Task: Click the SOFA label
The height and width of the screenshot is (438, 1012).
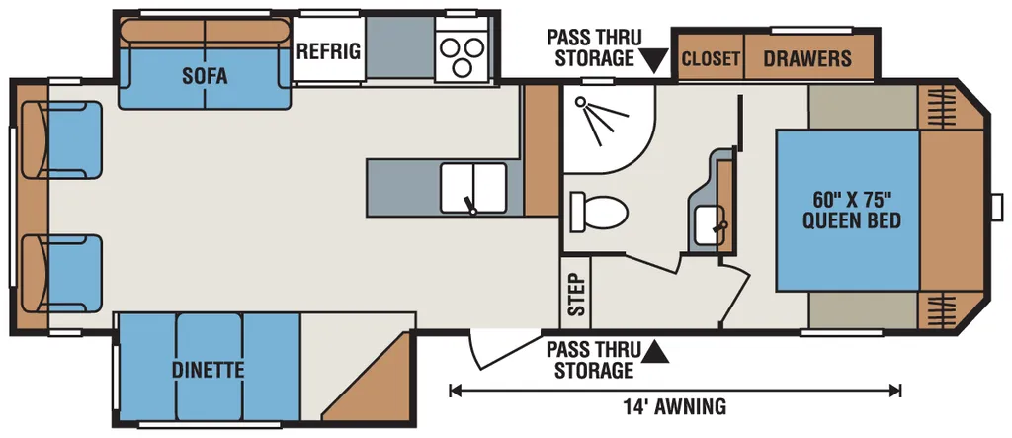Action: tap(205, 76)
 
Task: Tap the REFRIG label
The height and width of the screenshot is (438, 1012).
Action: tap(328, 51)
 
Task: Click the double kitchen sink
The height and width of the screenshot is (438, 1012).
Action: tap(473, 188)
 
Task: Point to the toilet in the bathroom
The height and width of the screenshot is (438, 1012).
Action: tap(598, 212)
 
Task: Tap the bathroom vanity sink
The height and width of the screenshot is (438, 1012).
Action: tap(710, 226)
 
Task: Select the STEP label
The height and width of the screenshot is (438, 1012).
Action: tap(576, 294)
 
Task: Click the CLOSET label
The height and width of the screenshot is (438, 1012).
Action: tap(711, 58)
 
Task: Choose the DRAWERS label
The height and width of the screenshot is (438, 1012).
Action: tap(807, 58)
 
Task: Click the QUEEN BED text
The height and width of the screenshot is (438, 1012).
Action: tap(851, 220)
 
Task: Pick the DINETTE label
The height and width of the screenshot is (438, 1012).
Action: tap(208, 370)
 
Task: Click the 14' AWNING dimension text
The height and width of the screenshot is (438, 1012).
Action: tap(674, 407)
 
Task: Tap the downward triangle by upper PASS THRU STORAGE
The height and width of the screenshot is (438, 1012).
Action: tap(656, 63)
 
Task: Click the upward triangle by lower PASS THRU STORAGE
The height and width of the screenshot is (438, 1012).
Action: tap(655, 351)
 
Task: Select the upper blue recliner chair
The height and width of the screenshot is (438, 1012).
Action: tap(62, 139)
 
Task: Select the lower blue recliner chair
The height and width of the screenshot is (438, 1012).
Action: tap(62, 273)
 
